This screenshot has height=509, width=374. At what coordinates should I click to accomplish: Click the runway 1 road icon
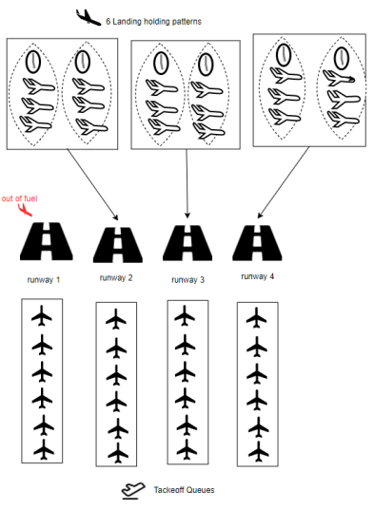click(44, 243)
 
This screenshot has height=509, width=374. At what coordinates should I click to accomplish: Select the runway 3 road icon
click(185, 243)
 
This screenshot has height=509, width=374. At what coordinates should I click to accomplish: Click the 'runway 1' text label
click(44, 280)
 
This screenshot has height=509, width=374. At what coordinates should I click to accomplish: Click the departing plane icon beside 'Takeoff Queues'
click(133, 490)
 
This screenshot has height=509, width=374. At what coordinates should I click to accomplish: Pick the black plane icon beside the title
click(87, 15)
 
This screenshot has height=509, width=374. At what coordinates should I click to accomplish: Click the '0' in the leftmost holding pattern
click(33, 63)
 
